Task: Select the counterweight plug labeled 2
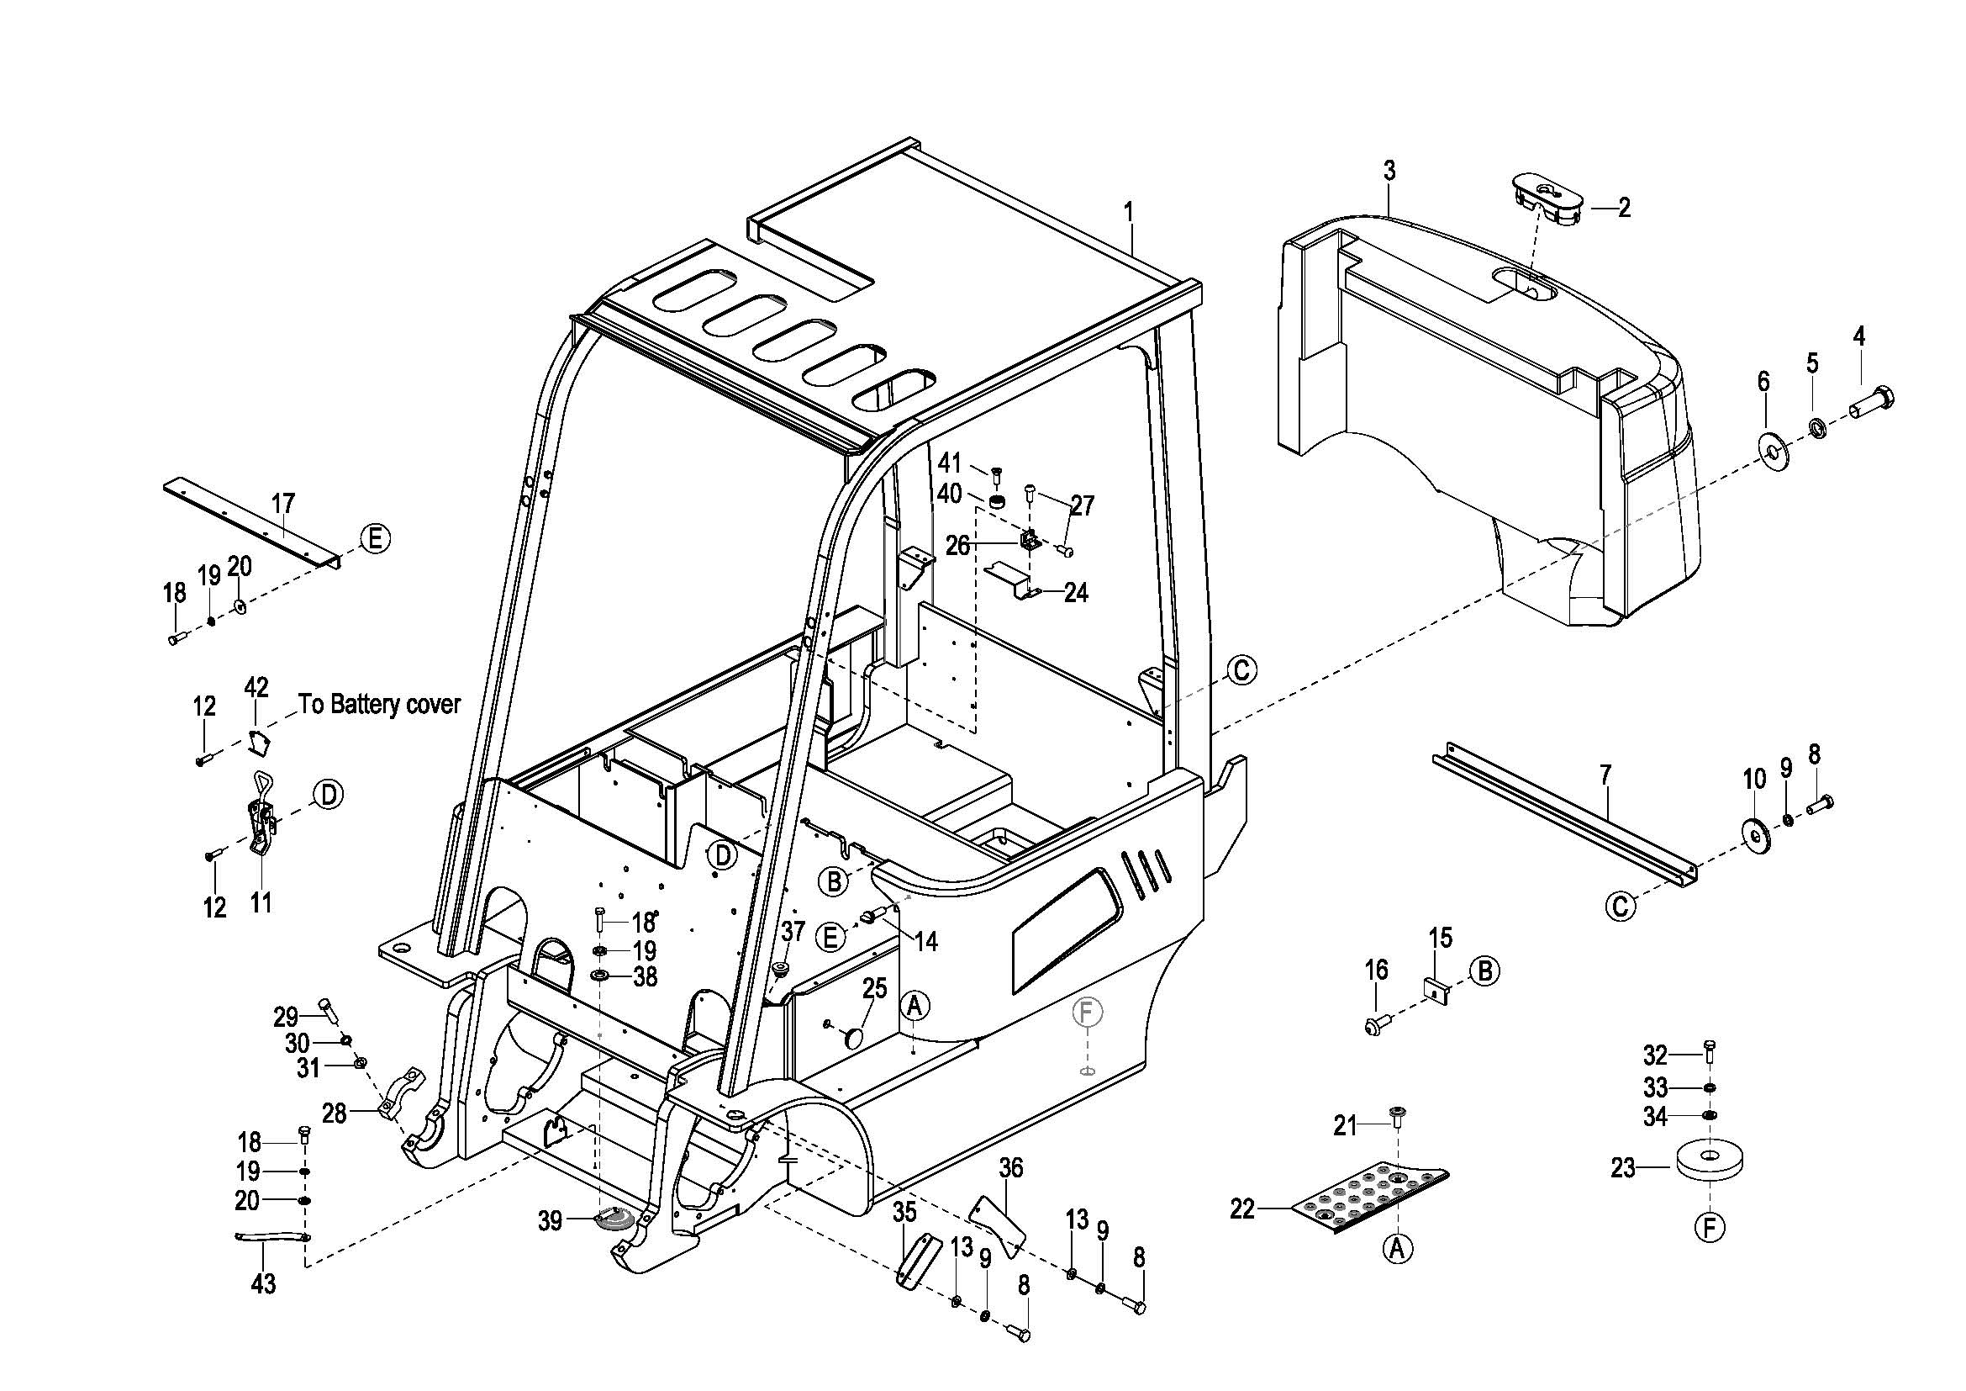1547,202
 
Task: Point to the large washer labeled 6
1768,446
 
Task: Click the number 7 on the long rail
1605,775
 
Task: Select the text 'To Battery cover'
379,704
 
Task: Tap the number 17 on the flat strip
282,503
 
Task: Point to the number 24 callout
1076,592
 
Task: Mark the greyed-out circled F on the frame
1086,1013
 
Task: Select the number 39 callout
550,1220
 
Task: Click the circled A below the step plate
1398,1250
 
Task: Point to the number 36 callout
1011,1168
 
